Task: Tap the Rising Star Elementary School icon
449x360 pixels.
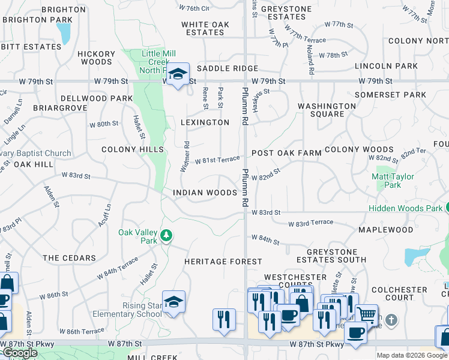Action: coord(173,302)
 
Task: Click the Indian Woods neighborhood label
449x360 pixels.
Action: coord(205,193)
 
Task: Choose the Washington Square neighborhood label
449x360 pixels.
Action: coord(327,110)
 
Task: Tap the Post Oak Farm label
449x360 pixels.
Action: coord(287,153)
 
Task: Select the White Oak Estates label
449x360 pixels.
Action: coord(206,28)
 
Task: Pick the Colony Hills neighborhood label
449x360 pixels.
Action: coord(133,149)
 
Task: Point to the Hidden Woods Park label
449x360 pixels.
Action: coord(405,208)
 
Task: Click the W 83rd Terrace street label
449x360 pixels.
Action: coord(310,223)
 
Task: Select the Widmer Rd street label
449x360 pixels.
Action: coord(185,157)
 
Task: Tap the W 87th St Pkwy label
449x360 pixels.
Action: coord(316,344)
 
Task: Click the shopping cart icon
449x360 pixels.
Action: coord(366,314)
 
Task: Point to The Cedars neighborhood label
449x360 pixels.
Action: coord(70,258)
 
